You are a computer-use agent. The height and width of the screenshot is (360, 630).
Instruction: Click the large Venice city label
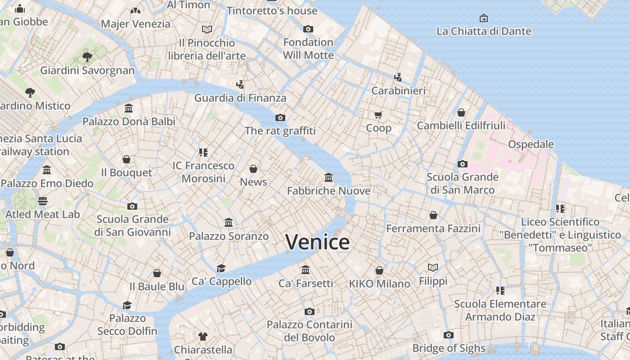point(317,242)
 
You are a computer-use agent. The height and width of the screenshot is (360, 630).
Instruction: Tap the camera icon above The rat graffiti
point(280,118)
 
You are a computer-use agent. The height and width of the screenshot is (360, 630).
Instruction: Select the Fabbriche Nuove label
point(328,191)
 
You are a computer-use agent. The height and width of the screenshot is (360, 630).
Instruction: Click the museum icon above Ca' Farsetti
point(306,270)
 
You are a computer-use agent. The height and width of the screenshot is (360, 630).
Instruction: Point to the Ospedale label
point(531,144)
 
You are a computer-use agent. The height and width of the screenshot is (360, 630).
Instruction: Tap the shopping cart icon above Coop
point(378,115)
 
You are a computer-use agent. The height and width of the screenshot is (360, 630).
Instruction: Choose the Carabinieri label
point(398,90)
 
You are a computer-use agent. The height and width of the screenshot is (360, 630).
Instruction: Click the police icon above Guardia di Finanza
point(240,84)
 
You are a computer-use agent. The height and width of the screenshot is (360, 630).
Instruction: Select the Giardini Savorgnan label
point(87,70)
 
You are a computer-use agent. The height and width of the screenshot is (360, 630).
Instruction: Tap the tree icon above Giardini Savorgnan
point(87,57)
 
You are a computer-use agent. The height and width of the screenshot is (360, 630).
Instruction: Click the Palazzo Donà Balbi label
point(129,121)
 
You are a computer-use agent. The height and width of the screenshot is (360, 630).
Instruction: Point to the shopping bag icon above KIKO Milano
point(379,270)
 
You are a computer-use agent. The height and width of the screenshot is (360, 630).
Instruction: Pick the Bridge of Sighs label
point(449,348)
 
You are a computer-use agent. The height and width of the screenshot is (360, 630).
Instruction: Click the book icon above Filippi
point(433,268)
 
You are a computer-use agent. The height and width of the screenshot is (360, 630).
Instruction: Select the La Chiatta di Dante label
point(484,31)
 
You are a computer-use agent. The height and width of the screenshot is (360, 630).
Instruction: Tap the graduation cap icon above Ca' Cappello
point(221,268)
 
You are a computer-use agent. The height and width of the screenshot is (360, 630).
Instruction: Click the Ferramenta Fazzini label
point(433,229)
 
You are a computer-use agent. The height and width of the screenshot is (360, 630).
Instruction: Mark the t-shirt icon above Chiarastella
point(203,336)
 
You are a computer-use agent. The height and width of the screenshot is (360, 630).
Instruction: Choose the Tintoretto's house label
point(272,10)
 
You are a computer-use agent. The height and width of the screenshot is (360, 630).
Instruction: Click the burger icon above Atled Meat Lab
point(43,201)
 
